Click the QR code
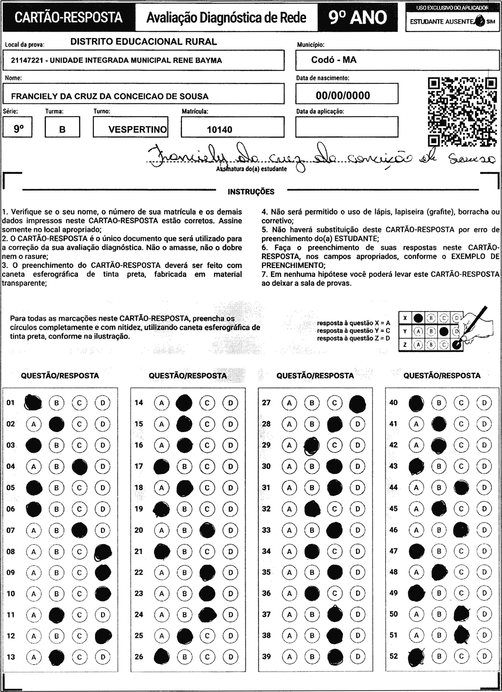click(462, 112)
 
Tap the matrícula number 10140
click(219, 130)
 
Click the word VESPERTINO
click(137, 130)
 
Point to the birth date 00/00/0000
click(343, 96)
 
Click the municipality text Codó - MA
click(334, 60)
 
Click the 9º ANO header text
click(358, 18)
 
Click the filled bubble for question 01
click(33, 403)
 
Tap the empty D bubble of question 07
click(103, 530)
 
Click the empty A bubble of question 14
click(162, 403)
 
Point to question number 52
click(394, 656)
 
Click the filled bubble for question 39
click(335, 657)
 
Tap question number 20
click(139, 530)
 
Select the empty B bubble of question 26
click(184, 657)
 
